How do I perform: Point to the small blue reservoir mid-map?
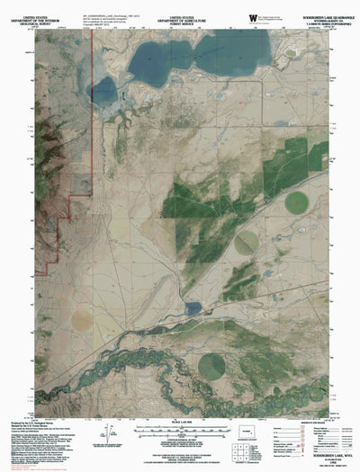(x=193, y=308)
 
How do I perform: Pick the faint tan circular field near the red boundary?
(x=82, y=318)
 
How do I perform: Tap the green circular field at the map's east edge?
(x=296, y=203)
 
